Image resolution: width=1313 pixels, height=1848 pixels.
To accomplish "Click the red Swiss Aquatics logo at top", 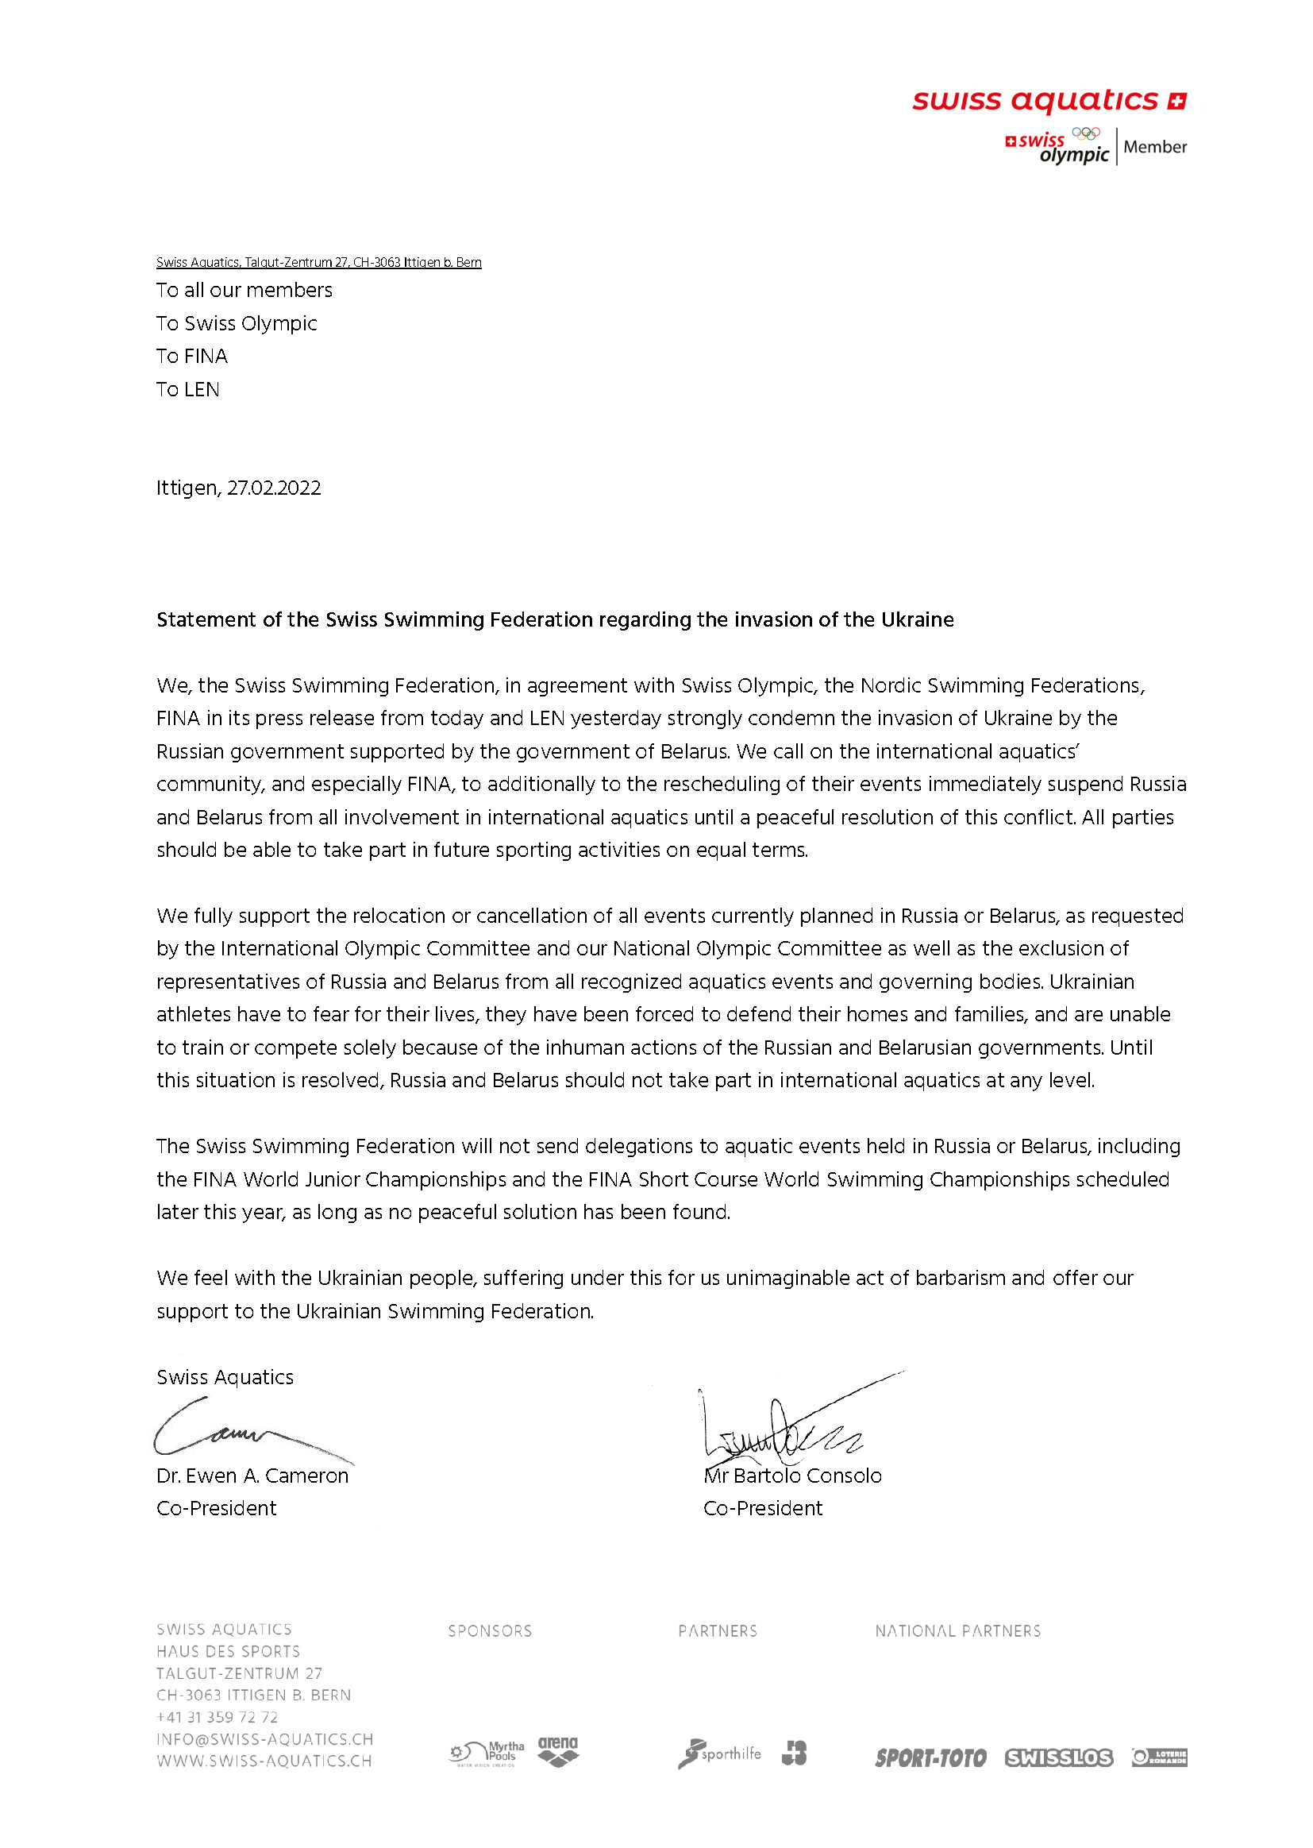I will (1049, 101).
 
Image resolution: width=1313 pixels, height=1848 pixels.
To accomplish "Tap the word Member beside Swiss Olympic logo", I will (1154, 147).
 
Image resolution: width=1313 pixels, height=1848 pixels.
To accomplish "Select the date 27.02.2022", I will (273, 488).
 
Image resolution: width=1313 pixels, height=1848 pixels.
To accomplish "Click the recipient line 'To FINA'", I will (191, 356).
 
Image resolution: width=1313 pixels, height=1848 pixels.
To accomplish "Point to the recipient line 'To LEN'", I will (187, 389).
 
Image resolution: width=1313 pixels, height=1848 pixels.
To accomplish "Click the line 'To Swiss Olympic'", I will (236, 322).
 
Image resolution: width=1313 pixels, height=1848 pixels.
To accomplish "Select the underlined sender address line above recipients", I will (318, 262).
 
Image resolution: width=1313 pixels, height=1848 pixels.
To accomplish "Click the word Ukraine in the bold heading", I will (917, 619).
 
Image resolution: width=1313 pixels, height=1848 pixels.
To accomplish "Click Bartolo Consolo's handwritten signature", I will (784, 1427).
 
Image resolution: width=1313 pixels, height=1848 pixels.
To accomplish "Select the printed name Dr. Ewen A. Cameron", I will (252, 1476).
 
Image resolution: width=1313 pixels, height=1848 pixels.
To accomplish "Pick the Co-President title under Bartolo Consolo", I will (762, 1507).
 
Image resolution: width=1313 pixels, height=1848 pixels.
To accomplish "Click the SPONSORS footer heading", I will (490, 1630).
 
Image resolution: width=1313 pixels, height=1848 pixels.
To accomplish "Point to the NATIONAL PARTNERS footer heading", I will (957, 1630).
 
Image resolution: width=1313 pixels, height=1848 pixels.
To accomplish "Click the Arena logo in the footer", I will (558, 1751).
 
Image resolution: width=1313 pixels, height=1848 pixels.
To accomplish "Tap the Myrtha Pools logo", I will (487, 1753).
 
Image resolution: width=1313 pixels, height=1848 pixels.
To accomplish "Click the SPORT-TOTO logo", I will (930, 1757).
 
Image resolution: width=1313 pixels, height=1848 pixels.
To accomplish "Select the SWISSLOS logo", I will (1058, 1757).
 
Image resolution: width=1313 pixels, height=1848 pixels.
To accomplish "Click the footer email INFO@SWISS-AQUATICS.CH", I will (264, 1739).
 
